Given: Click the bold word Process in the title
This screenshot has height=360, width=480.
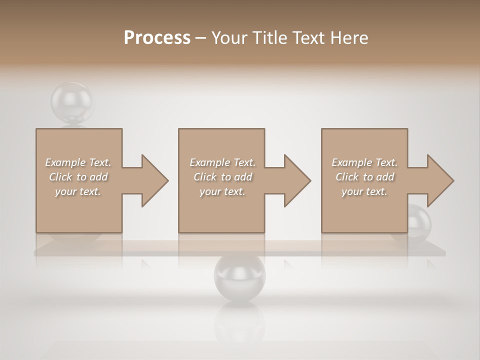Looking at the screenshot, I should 157,38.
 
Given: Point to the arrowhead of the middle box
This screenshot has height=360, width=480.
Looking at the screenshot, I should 296,180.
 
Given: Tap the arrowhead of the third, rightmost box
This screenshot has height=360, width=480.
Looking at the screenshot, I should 439,180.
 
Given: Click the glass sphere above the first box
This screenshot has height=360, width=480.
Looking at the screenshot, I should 72,103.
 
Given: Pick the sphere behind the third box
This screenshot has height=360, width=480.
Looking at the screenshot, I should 419,220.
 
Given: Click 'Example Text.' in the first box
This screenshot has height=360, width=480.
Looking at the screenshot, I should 78,162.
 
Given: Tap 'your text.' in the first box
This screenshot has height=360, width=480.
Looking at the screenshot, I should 78,191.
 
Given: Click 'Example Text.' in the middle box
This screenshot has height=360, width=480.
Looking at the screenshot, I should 222,162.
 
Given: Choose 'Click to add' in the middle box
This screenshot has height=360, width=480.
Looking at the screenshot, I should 222,177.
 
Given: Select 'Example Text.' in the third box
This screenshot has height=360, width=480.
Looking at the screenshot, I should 364,162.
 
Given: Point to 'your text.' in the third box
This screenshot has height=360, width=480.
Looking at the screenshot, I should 364,191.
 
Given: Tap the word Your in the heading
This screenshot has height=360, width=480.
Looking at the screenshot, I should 229,38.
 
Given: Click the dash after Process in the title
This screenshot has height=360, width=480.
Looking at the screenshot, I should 200,38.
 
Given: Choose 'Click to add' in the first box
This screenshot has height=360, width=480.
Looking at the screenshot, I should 78,177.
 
